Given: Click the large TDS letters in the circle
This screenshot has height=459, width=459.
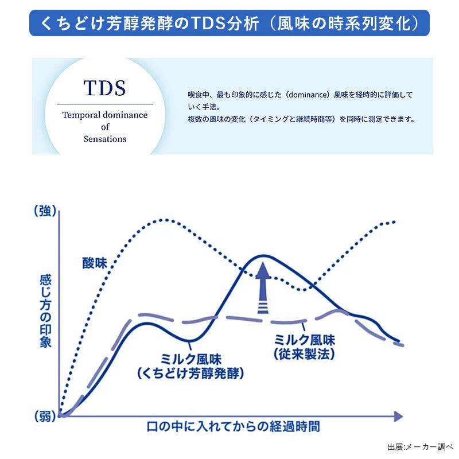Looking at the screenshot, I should coord(104,88).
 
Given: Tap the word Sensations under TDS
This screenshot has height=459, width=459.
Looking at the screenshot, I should coord(105,139).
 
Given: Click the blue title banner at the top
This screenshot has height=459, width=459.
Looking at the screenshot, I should coord(229,24).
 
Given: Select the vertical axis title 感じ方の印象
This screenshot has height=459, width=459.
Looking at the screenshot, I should coord(45,312).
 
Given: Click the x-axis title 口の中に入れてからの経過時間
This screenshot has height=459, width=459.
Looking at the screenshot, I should coord(234,426).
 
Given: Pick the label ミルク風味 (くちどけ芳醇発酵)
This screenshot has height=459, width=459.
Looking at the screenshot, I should coord(191,365).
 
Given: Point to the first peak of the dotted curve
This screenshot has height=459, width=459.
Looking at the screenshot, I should coord(164,220).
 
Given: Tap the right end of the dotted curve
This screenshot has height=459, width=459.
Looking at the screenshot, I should coord(395,221).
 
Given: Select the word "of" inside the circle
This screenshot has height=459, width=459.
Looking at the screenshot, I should coord(105,127).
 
